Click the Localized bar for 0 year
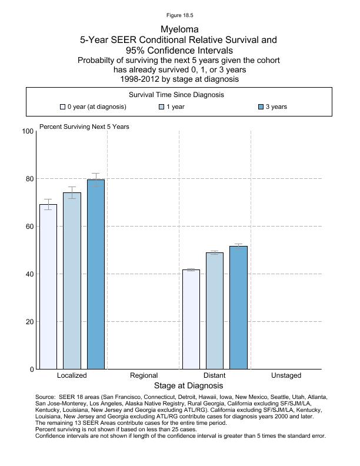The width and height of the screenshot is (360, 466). (x=48, y=287)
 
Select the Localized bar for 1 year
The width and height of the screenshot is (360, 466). (x=72, y=281)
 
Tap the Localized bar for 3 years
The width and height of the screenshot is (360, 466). (x=96, y=274)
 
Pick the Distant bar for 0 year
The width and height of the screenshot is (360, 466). (x=191, y=319)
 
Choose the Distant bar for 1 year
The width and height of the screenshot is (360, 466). (x=215, y=311)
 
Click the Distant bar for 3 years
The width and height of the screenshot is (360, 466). (x=239, y=308)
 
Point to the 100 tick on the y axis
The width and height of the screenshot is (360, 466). (x=27, y=131)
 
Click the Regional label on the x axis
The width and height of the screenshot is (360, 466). (x=144, y=375)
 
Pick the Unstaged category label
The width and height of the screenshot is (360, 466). (x=286, y=375)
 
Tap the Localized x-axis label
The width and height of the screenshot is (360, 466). (x=72, y=375)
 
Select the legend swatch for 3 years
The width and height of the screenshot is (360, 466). (x=261, y=107)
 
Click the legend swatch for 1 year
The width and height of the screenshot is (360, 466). (x=162, y=107)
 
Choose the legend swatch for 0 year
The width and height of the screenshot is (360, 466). (x=62, y=107)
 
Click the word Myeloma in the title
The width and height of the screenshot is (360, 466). (x=179, y=29)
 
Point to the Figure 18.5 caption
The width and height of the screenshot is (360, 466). (x=179, y=15)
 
